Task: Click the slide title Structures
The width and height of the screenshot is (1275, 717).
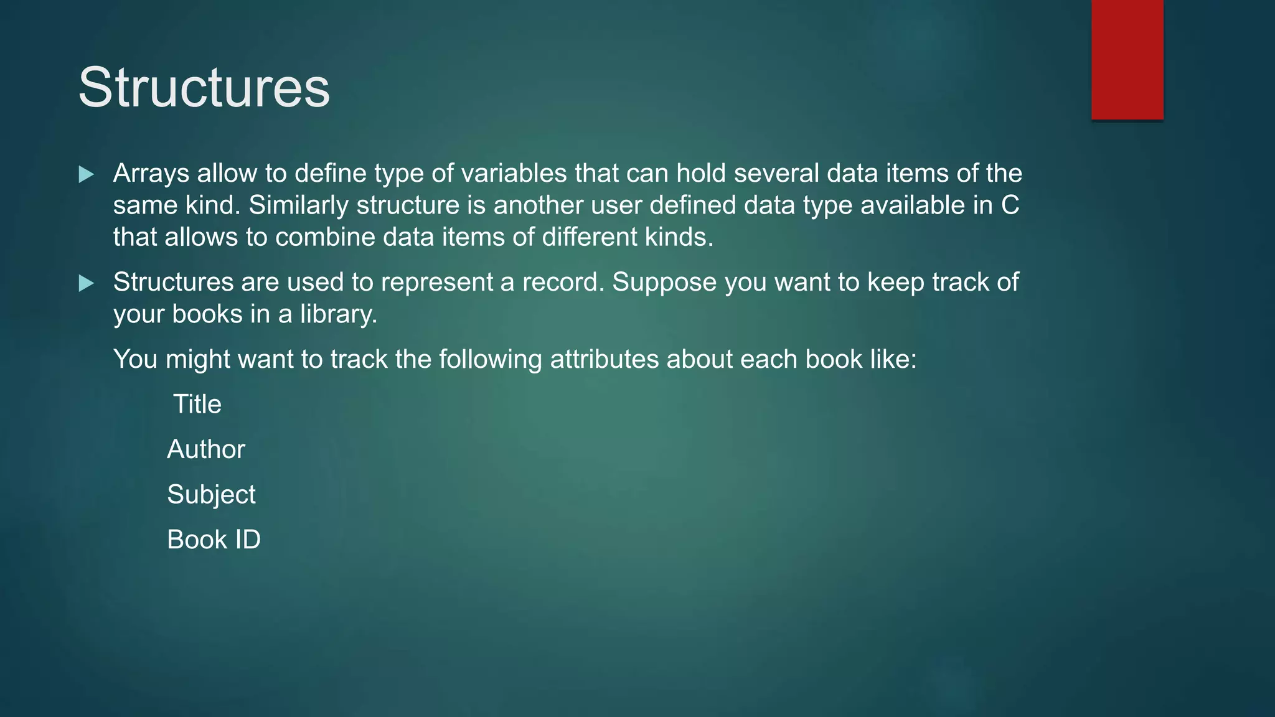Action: pyautogui.click(x=204, y=88)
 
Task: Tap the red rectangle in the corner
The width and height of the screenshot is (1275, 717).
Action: pyautogui.click(x=1127, y=60)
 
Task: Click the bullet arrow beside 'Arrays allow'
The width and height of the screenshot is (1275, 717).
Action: pyautogui.click(x=87, y=175)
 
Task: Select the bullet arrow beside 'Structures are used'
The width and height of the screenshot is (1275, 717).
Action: pyautogui.click(x=87, y=284)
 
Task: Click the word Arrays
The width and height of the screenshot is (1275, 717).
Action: pyautogui.click(x=151, y=174)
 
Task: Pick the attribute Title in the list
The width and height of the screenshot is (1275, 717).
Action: pyautogui.click(x=197, y=405)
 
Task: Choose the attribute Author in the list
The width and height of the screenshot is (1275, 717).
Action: pyautogui.click(x=206, y=449)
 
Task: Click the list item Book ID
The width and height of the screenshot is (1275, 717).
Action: pyautogui.click(x=214, y=540)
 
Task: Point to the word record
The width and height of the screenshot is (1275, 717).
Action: pyautogui.click(x=563, y=283)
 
